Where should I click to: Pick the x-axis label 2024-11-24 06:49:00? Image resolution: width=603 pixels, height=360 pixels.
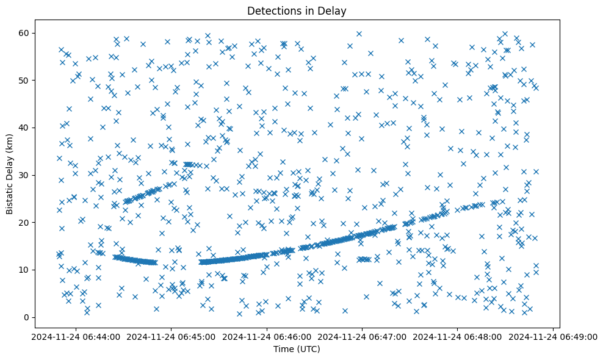[553, 336]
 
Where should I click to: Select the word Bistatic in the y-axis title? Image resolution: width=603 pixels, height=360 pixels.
[10, 196]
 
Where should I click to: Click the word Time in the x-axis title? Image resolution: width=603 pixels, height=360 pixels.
[282, 349]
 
